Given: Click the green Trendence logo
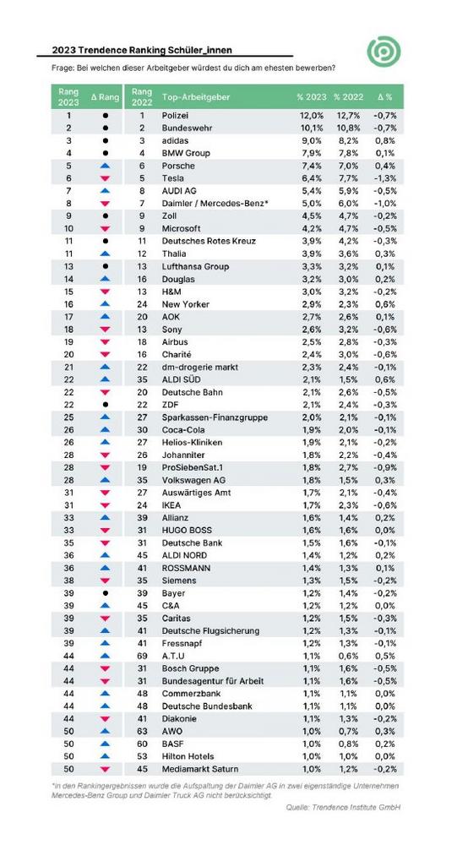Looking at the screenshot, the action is coord(384,52).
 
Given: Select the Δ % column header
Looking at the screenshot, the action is coord(385,97).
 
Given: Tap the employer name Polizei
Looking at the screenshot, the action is coord(176,115).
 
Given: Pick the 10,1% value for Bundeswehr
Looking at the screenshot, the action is coord(312,128).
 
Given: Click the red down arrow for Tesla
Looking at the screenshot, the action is coord(105,178).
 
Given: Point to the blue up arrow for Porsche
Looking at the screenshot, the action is coord(105,166).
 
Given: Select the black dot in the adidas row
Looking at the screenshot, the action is coord(105,140).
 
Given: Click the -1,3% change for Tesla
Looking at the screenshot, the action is coord(385,177).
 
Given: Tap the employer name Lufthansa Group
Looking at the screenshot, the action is coord(195,266).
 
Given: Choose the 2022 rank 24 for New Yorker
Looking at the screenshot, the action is coord(142,304).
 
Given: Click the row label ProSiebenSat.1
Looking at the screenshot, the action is coord(193,467).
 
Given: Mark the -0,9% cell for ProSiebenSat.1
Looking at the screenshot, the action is coord(385,467).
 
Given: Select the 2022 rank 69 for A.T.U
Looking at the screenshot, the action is coord(142,656).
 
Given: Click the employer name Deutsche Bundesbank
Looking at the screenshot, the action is coord(207,706).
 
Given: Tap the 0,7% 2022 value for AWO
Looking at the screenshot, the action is coord(348,731).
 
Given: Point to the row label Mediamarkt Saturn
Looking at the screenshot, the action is coord(200,769).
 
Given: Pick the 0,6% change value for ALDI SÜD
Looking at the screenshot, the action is coord(386,379).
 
